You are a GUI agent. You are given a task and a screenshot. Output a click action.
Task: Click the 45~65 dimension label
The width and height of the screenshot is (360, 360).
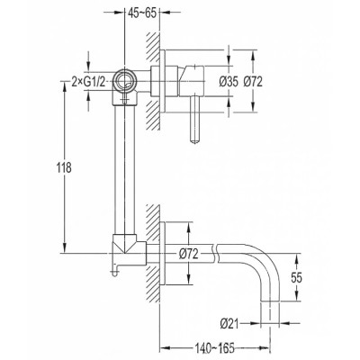point(142,13)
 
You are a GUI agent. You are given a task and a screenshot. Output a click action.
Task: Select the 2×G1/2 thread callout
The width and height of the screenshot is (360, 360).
point(89,81)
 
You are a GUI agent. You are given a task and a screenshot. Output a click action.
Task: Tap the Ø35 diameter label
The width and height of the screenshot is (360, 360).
point(229,82)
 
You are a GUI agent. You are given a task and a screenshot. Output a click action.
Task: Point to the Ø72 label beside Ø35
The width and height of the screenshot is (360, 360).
point(253,82)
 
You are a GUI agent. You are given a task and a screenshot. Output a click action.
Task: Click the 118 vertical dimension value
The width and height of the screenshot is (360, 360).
point(64,167)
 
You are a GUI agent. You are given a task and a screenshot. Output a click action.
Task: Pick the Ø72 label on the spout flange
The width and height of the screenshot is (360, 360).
point(189,254)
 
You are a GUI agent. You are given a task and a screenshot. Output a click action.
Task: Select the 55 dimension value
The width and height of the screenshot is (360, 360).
point(296,278)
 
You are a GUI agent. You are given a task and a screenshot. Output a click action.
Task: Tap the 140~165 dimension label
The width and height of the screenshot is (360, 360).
point(214,348)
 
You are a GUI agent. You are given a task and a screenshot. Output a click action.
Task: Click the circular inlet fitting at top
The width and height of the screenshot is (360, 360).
point(124,81)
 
